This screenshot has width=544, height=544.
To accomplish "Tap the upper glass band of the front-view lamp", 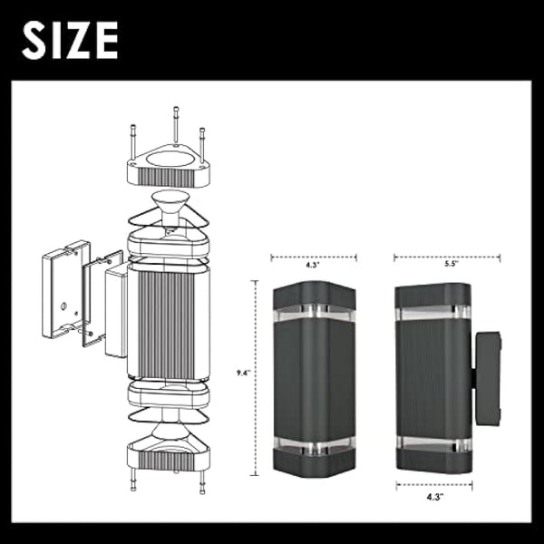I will pos(314,313).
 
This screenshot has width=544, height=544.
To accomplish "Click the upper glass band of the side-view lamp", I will pos(432,314).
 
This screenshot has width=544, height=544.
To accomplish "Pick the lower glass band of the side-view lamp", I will pos(432,444).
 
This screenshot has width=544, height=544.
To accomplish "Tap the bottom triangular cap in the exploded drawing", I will pos(168,453).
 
